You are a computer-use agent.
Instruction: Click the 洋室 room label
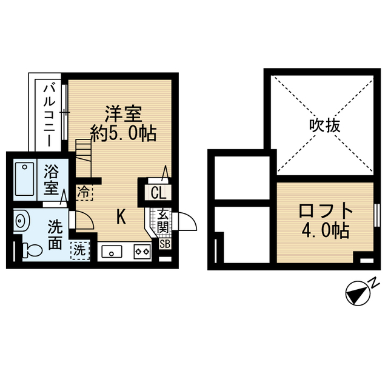click(x=124, y=114)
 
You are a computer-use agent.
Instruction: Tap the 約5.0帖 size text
click(x=124, y=133)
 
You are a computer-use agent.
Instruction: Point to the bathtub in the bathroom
click(x=24, y=178)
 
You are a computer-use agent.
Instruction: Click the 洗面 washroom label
click(x=55, y=235)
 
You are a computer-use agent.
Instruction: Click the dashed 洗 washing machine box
click(x=79, y=249)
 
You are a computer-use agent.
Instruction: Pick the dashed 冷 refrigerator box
click(x=84, y=192)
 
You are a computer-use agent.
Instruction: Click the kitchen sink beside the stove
click(x=113, y=250)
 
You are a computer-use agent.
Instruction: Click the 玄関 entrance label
click(x=163, y=221)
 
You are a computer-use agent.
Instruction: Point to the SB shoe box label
click(x=164, y=244)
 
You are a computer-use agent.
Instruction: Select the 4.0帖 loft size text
click(x=326, y=231)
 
